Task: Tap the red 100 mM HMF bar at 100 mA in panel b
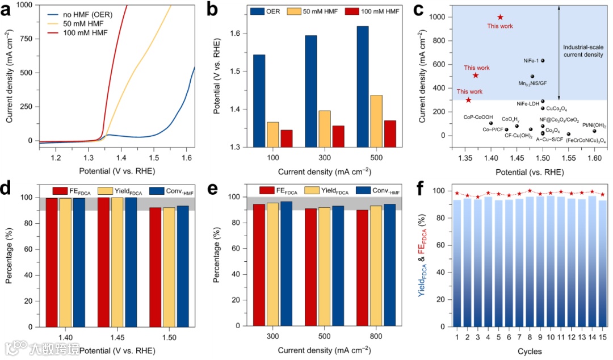click(x=287, y=139)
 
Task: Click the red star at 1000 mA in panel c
click(x=500, y=17)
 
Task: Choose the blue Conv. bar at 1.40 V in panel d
click(x=79, y=263)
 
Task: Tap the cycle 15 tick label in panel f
click(x=602, y=337)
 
